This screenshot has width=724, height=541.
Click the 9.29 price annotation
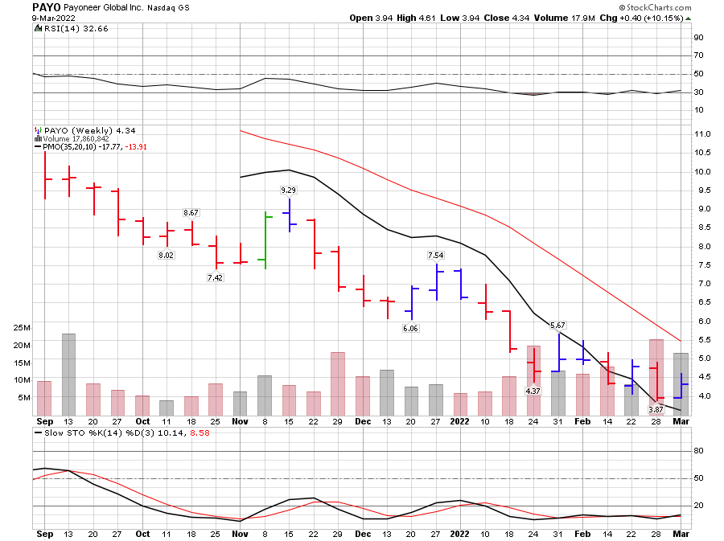point(288,190)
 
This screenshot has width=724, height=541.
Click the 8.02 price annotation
point(166,255)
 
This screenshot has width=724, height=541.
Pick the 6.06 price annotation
point(412,328)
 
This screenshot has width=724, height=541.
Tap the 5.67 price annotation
point(557,325)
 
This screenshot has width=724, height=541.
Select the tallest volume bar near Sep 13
point(68,374)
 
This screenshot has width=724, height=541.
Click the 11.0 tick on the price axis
point(705,133)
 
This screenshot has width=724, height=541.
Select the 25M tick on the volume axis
point(20,328)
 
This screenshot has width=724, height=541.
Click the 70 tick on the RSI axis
point(699,55)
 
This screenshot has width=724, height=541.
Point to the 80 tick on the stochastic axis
point(699,451)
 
